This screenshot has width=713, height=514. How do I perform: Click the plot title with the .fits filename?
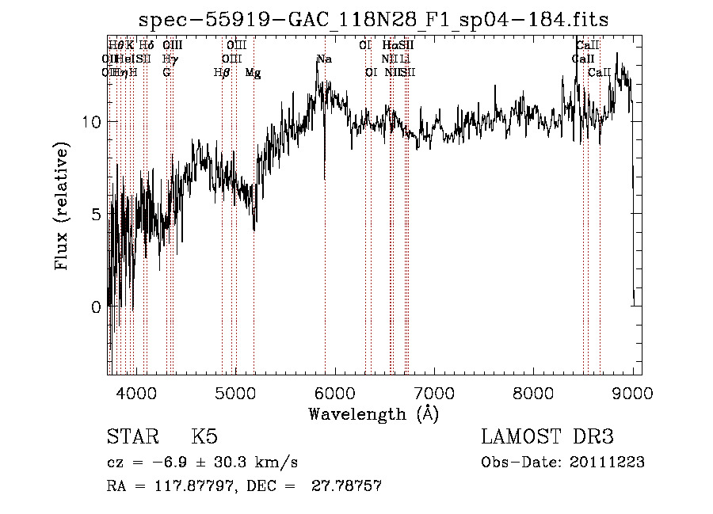373,20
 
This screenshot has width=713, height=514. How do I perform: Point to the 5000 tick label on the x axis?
235,391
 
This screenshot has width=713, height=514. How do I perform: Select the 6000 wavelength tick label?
334,391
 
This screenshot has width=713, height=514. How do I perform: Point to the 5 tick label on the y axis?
96,214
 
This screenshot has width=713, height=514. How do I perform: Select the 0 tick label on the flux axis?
96,306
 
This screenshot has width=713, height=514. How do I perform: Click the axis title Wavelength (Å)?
373,413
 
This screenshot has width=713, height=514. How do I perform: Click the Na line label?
324,59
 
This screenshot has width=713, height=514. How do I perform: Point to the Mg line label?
253,73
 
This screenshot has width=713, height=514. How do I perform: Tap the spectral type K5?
204,437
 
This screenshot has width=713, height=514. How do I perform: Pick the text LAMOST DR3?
547,437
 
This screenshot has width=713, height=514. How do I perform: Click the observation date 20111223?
607,463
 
